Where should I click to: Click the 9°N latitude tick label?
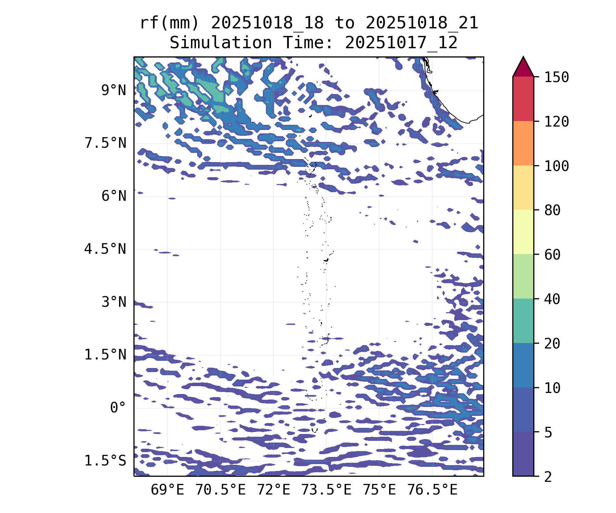pos(114,91)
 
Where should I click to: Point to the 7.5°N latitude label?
pos(105,143)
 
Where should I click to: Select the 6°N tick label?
pos(114,196)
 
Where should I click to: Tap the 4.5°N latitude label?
pos(105,249)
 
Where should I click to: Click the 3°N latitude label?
pos(114,302)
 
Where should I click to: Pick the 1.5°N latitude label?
pos(105,355)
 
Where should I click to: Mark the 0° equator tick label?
pos(118,408)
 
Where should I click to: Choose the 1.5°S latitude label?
pos(105,461)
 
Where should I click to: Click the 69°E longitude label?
pos(167,490)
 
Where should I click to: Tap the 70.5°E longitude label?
pos(220,490)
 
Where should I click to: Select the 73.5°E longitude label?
pos(326,490)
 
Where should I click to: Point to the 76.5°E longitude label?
pos(432,490)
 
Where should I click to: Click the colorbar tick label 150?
pos(556,77)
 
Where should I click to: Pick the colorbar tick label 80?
pos(552,210)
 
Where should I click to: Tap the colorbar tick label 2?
pos(548,477)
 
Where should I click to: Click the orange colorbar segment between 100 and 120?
pos(523,143)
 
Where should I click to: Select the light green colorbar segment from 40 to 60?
pos(523,276)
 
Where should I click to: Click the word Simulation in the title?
pos(221,43)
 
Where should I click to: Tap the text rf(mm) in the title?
pos(170,23)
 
